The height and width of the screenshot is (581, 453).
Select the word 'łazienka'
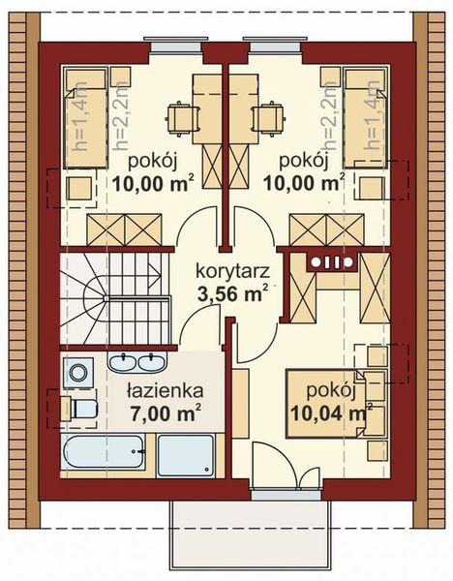click(163, 391)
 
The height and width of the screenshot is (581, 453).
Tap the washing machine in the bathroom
click(78, 372)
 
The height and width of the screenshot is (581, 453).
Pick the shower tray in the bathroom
click(186, 455)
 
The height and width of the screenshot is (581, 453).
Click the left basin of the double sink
click(123, 363)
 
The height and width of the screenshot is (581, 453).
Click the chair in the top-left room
click(181, 117)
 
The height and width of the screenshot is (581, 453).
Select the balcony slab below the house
click(250, 537)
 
